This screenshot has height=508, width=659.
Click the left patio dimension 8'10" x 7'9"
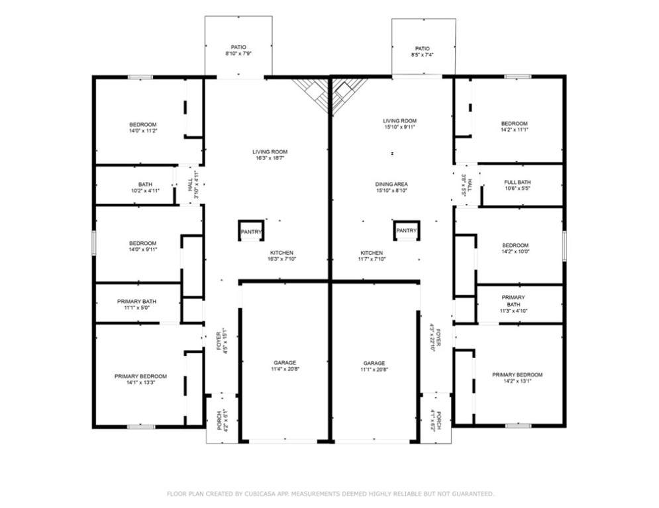pos(238,54)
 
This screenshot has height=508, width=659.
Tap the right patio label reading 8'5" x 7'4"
pos(423,55)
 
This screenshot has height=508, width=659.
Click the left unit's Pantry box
pos(251,230)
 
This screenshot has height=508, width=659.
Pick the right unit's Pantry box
pos(407,230)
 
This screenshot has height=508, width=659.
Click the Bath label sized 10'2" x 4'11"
pos(146,188)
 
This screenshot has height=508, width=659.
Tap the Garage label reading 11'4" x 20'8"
pos(285,366)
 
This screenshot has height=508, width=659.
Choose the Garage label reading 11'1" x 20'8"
pos(374,366)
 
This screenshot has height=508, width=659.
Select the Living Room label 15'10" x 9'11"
pos(399,124)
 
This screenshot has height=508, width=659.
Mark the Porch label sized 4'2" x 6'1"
pos(223,420)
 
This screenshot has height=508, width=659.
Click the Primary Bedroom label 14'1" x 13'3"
pos(141,379)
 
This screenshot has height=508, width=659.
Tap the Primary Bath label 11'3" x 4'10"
pos(513,304)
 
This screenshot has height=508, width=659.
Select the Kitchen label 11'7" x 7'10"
pos(372,256)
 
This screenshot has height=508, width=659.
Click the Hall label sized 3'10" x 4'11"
pos(193,185)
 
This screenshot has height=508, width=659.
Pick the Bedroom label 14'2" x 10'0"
pos(515,249)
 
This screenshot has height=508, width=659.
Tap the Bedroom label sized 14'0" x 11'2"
pos(143,128)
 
